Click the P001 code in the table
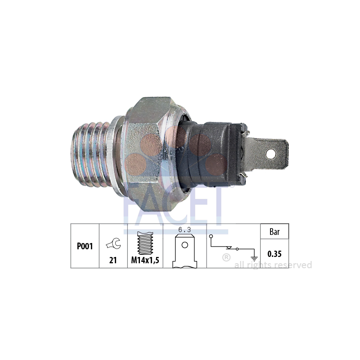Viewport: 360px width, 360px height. pos(85,246)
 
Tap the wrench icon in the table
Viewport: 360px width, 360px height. pos(113,244)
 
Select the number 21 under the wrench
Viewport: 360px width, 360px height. pos(113,260)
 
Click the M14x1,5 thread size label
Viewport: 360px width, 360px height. pos(145,260)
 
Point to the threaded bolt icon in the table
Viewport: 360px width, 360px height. pos(145,243)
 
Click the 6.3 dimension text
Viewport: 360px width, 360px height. pos(184,229)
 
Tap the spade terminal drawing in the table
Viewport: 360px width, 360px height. pos(185,251)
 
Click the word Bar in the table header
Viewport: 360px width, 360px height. pos(274,232)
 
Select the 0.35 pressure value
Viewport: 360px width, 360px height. pos(274,254)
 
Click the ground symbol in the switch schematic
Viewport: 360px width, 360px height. pos(254,258)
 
